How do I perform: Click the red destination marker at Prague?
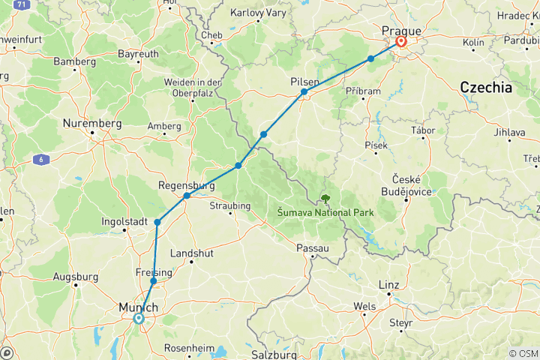(x=401, y=42)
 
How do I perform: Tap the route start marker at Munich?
(x=139, y=318)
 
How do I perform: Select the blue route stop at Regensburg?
(x=186, y=196)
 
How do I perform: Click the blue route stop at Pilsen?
(x=304, y=92)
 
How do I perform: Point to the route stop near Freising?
(x=154, y=281)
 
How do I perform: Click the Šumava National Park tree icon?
(x=325, y=199)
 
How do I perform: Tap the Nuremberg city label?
(x=92, y=123)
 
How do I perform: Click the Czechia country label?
(x=485, y=88)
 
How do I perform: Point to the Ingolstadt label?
(x=124, y=222)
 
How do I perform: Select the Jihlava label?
(x=510, y=133)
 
